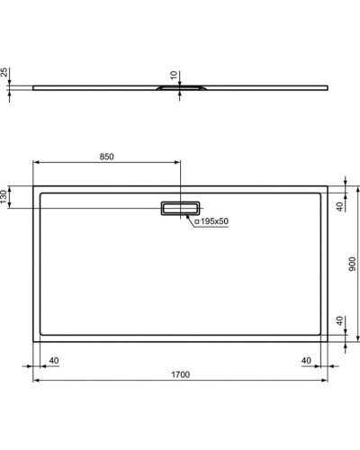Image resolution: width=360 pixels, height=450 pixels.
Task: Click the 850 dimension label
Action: [106, 156]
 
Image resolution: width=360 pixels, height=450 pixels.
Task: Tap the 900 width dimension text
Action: [354, 265]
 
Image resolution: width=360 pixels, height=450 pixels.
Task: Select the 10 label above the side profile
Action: [173, 75]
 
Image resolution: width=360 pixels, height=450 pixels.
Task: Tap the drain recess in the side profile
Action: [173, 89]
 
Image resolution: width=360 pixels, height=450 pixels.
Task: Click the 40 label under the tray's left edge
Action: [54, 361]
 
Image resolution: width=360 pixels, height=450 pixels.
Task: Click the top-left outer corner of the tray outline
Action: [34, 186]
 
